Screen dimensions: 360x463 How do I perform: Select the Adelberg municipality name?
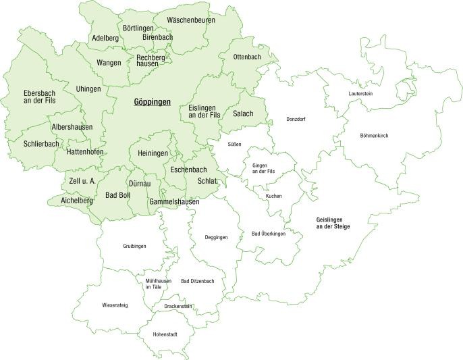click(x=105, y=38)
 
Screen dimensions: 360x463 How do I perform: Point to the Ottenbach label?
click(x=246, y=57)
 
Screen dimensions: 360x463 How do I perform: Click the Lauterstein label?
click(x=360, y=93)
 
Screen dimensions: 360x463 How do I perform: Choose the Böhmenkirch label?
click(x=374, y=136)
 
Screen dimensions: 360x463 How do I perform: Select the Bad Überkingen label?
click(x=269, y=234)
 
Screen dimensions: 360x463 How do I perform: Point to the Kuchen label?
click(x=273, y=196)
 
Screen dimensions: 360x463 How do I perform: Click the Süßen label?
click(x=234, y=145)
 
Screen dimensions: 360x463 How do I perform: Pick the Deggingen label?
click(x=216, y=238)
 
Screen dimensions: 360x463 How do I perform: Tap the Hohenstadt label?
click(x=165, y=334)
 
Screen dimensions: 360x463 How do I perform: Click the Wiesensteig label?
click(x=115, y=305)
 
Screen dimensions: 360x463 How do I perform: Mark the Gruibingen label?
click(x=134, y=247)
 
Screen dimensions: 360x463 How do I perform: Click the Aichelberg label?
click(x=76, y=201)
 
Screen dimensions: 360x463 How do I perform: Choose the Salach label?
click(x=243, y=113)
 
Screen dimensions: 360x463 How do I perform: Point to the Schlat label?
click(x=207, y=182)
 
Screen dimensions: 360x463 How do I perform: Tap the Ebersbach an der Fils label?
click(x=28, y=97)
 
